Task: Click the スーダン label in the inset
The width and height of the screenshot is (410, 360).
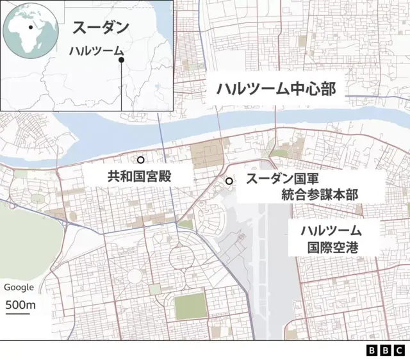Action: (x=101, y=28)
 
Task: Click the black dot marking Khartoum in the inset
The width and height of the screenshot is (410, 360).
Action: (x=121, y=60)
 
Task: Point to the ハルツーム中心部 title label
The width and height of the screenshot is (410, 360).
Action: (x=275, y=89)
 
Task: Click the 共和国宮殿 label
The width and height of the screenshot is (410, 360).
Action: (x=139, y=176)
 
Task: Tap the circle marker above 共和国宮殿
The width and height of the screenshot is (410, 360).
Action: (x=141, y=160)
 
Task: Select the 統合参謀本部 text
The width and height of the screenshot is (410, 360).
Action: (x=319, y=195)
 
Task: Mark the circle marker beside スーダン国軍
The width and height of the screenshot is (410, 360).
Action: (x=229, y=181)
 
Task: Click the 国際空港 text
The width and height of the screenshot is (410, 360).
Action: (x=333, y=246)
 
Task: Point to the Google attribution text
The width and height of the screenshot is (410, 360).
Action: (x=19, y=288)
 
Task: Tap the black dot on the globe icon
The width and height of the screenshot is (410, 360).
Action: (x=30, y=28)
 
